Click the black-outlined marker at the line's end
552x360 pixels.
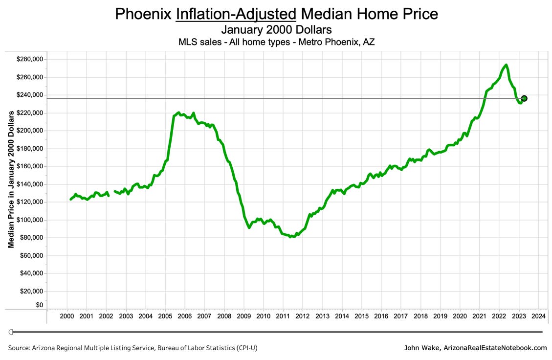click(524, 98)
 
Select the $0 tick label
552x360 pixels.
click(39, 305)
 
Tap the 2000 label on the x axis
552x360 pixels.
click(66, 316)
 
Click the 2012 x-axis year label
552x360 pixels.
click(303, 316)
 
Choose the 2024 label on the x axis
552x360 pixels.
click(538, 316)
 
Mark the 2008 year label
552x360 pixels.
click(224, 316)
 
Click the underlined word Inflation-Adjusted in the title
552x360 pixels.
click(236, 14)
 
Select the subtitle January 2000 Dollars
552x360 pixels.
click(276, 30)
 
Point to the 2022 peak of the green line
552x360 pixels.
click(506, 65)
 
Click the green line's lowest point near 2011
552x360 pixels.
click(292, 237)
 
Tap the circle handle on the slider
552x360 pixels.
click(11, 332)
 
